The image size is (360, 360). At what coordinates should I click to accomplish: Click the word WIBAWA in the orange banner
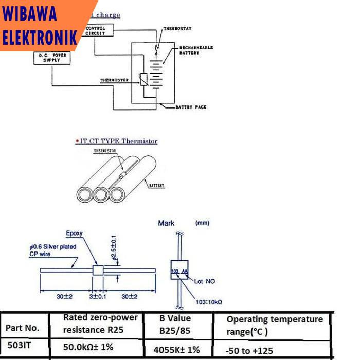coord(30,14)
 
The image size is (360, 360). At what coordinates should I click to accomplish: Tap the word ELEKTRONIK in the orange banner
coord(40,37)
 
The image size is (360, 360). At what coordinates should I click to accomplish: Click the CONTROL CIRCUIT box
coord(95,30)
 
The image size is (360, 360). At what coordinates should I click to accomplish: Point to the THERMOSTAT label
coord(177,29)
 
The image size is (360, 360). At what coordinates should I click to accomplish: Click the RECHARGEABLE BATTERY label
coord(195,50)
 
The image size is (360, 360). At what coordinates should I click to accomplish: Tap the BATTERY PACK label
coord(191,107)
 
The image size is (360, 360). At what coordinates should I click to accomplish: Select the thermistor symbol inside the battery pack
coord(143,80)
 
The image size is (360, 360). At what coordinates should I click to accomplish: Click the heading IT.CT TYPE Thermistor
coord(117,141)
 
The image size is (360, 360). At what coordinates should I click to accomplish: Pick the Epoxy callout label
coord(74,233)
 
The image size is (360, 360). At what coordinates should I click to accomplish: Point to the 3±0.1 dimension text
coord(97,297)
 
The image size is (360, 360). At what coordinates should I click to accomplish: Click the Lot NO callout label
coord(205,281)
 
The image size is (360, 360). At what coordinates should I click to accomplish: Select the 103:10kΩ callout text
coord(208,302)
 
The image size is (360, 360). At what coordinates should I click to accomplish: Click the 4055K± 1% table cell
coord(176,350)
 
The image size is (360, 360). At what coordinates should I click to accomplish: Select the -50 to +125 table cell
coord(249,351)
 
